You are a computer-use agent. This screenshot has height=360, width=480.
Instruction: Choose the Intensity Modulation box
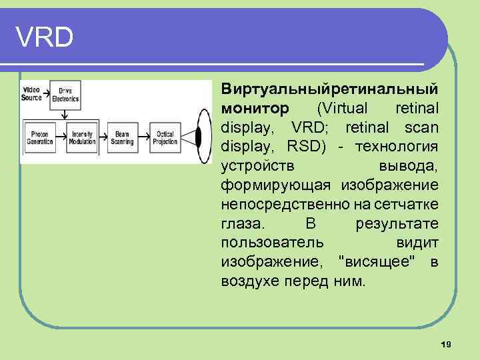[82, 137]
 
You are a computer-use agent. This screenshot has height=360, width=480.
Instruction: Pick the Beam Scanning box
[122, 137]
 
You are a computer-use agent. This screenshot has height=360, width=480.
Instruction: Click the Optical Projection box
[165, 137]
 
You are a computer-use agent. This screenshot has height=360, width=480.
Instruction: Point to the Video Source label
[31, 93]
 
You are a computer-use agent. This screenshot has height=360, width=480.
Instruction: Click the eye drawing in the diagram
[197, 137]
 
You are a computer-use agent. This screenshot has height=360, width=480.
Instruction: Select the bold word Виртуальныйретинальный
[329, 89]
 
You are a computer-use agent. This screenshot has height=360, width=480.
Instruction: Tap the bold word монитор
[255, 108]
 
